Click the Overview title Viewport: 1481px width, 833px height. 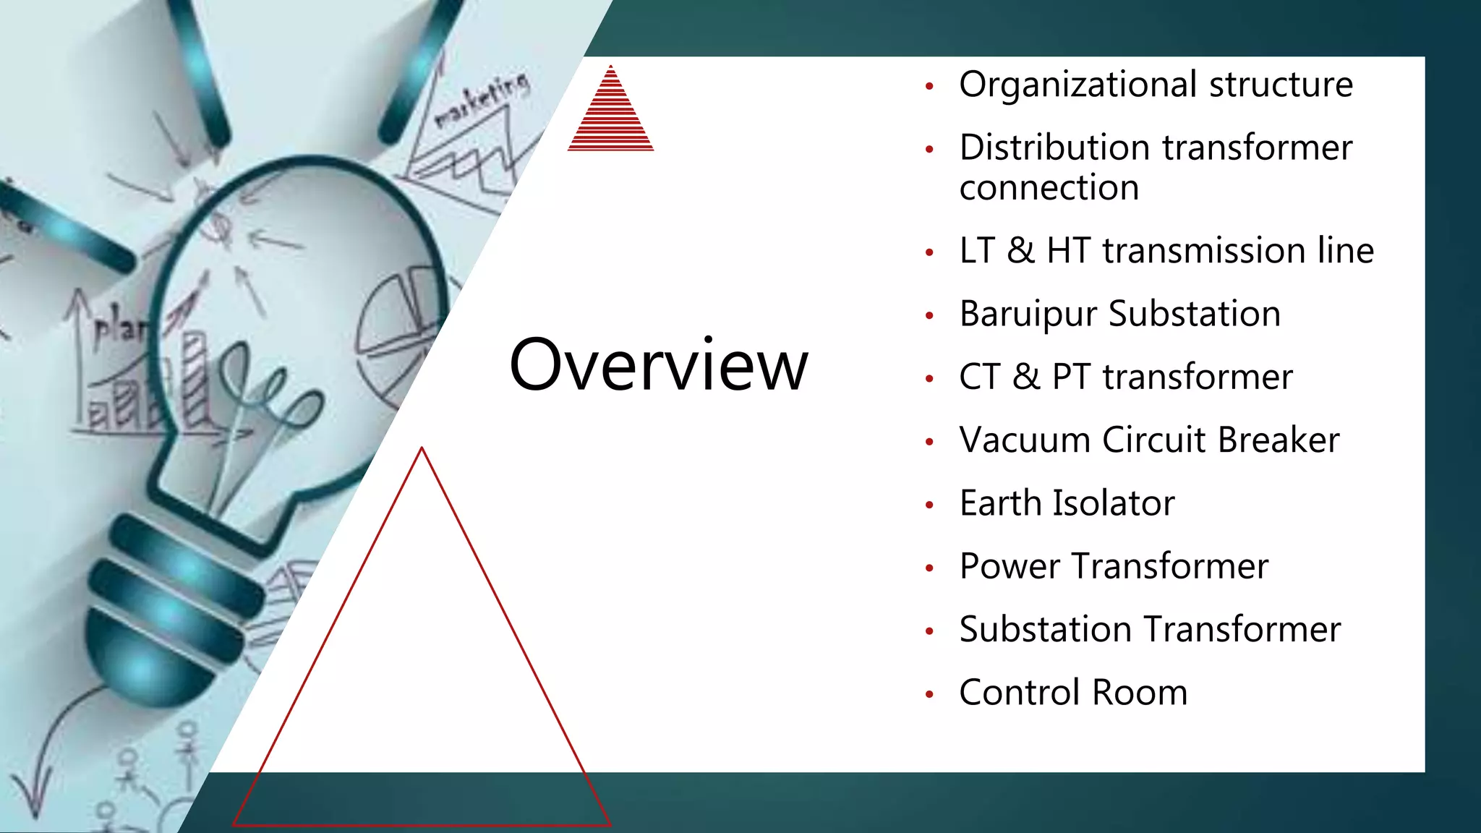point(658,365)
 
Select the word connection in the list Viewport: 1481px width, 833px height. point(1049,188)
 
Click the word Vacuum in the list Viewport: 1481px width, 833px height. point(1025,440)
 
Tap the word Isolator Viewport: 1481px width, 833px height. point(1114,503)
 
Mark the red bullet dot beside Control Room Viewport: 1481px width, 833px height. point(930,695)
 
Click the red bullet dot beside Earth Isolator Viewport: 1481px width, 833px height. point(930,505)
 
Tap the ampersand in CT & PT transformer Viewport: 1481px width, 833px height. point(1025,377)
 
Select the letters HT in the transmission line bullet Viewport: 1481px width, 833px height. point(1069,251)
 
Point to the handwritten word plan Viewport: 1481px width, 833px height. point(119,329)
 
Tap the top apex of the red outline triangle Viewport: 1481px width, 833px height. point(422,449)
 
